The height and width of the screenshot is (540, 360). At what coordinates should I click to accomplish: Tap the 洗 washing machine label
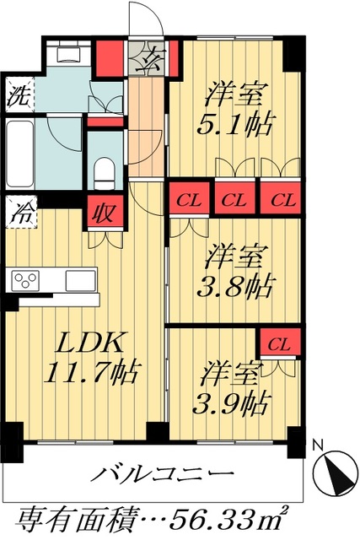pos(18,94)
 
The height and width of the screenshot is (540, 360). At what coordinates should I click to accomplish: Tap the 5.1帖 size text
pos(235,125)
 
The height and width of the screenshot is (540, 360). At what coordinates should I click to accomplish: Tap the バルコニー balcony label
pos(165,475)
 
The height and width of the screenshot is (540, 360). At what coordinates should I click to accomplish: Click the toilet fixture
pos(104,173)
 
